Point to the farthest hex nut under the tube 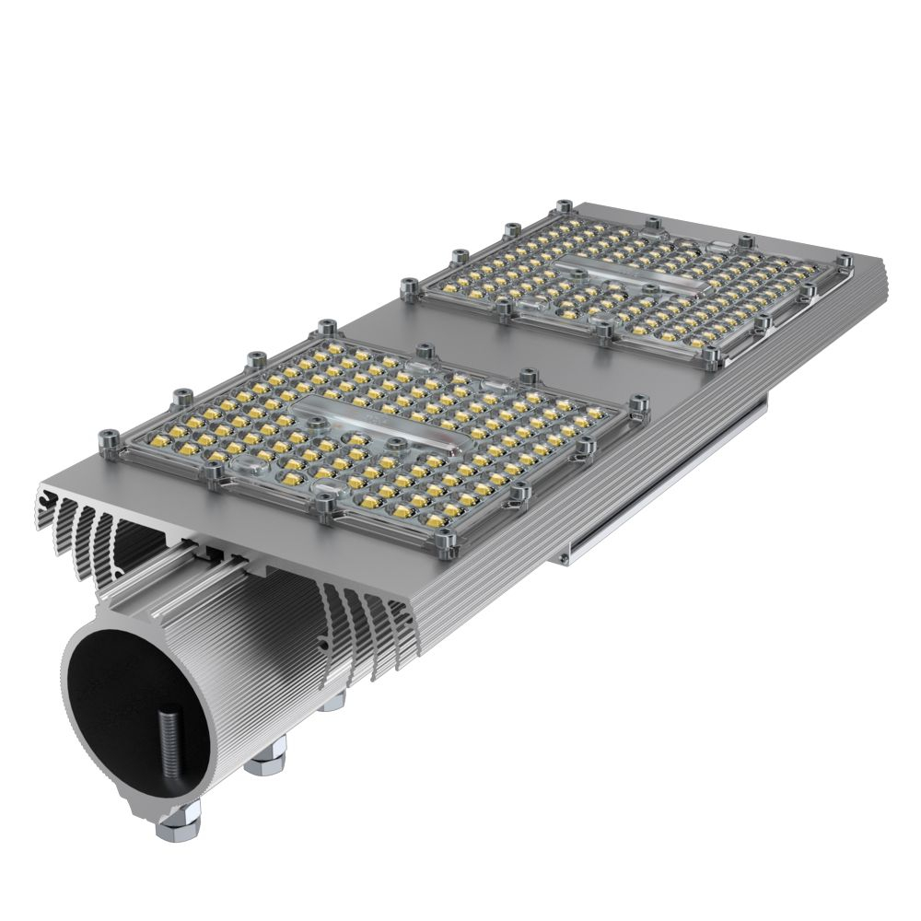coord(332,703)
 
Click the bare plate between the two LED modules coord(516,341)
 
